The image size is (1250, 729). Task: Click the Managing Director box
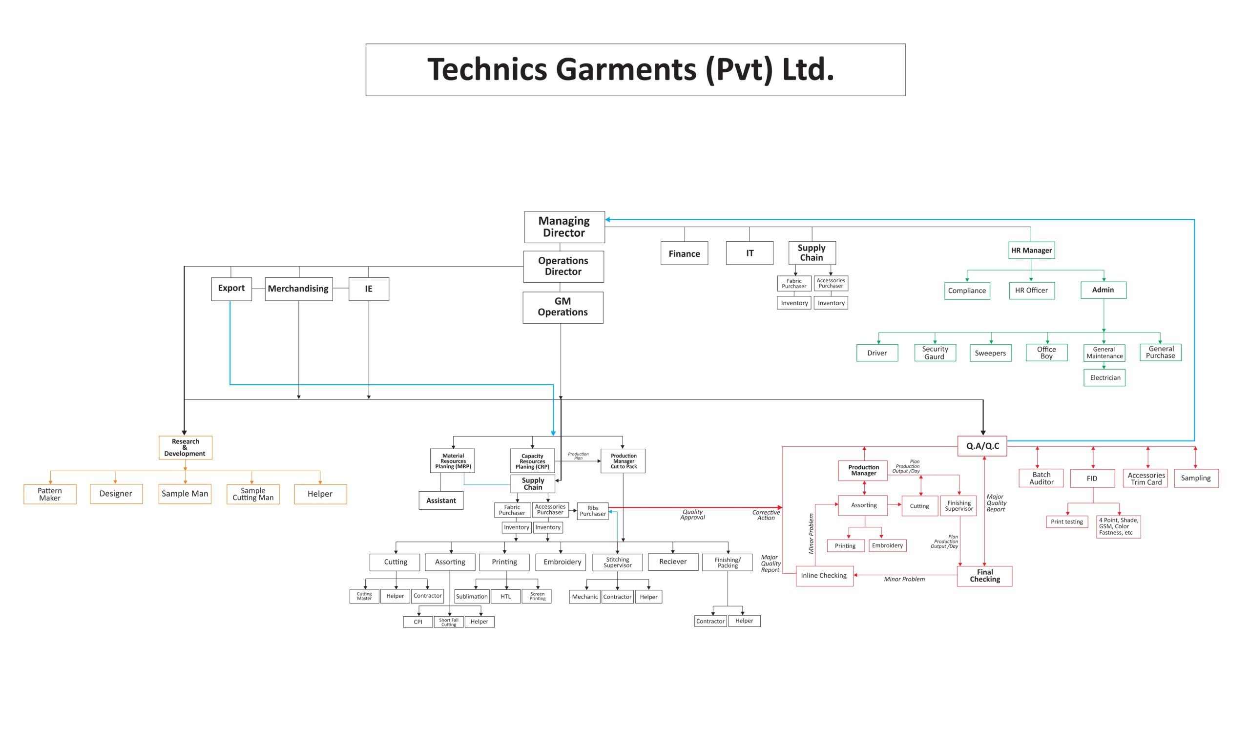(564, 227)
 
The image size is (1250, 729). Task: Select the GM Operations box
(562, 307)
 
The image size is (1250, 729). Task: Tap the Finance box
(684, 253)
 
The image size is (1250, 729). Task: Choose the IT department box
(750, 253)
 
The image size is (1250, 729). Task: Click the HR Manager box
(1031, 250)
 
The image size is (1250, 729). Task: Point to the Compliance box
(967, 291)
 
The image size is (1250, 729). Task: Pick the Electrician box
(1104, 378)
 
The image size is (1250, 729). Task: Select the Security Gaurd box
(935, 353)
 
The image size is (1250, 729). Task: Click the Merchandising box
(298, 289)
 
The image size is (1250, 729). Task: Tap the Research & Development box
(185, 447)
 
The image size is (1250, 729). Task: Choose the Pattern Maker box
(50, 495)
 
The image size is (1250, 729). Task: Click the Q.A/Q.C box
(982, 446)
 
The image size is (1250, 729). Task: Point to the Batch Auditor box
(1041, 478)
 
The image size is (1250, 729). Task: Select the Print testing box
(1066, 521)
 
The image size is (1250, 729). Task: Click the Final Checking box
(985, 576)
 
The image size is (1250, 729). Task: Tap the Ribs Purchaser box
(593, 511)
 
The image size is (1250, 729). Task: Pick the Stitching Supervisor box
(617, 562)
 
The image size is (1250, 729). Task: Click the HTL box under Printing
(505, 597)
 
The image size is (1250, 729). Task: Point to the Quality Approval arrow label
(692, 514)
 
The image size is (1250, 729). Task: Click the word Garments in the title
(625, 69)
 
